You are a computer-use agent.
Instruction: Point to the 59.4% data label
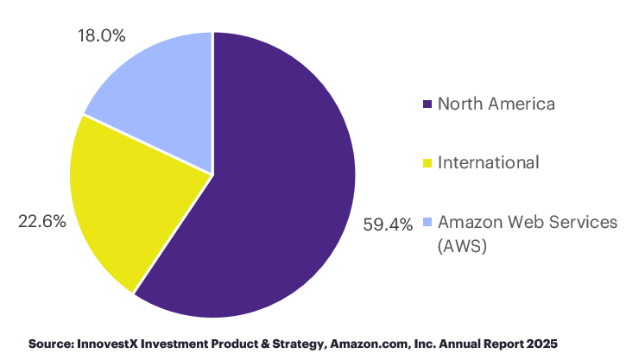pyautogui.click(x=389, y=226)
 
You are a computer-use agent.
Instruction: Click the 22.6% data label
pyautogui.click(x=42, y=222)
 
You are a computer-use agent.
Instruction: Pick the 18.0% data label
pyautogui.click(x=102, y=36)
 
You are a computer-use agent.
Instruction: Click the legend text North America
pyautogui.click(x=496, y=104)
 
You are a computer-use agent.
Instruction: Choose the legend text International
pyautogui.click(x=488, y=162)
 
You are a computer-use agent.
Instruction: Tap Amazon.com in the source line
pyautogui.click(x=365, y=344)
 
